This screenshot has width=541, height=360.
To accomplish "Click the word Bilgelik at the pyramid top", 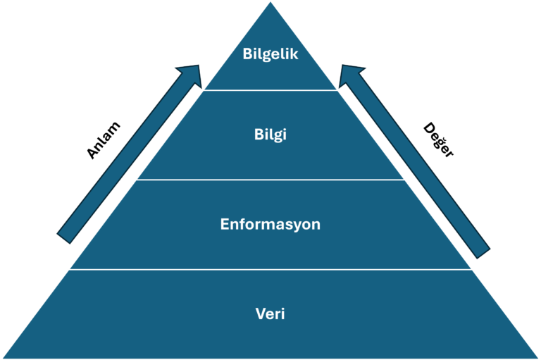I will tap(270, 54).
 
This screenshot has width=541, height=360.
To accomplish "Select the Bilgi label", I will tap(270, 135).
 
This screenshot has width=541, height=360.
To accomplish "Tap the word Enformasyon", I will tap(270, 225).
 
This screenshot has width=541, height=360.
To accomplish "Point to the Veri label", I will tap(270, 314).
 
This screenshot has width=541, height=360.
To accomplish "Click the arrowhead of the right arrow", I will tap(349, 73).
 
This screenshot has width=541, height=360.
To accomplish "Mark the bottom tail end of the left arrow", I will tap(65, 235).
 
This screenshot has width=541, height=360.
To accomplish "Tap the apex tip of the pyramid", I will tap(270, 3).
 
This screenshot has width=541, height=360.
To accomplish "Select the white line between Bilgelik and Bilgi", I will tap(270, 89).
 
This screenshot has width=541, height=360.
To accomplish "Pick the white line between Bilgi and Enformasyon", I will tap(270, 180).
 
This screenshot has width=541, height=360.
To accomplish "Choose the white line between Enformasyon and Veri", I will tap(270, 269).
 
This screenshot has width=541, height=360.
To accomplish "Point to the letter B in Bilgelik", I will tap(247, 54).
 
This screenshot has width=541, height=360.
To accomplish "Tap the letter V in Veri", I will tap(260, 314).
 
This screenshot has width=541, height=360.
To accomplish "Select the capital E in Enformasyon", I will tap(225, 225).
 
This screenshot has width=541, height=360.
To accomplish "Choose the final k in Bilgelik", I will tap(294, 54).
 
